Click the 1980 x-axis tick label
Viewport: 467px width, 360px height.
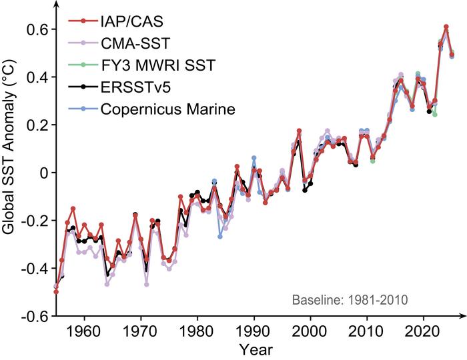pos(197,331)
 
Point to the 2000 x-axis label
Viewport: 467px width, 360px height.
pos(310,331)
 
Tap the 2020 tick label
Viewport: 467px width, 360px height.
pos(423,331)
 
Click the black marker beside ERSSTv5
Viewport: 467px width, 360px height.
pos(82,87)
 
